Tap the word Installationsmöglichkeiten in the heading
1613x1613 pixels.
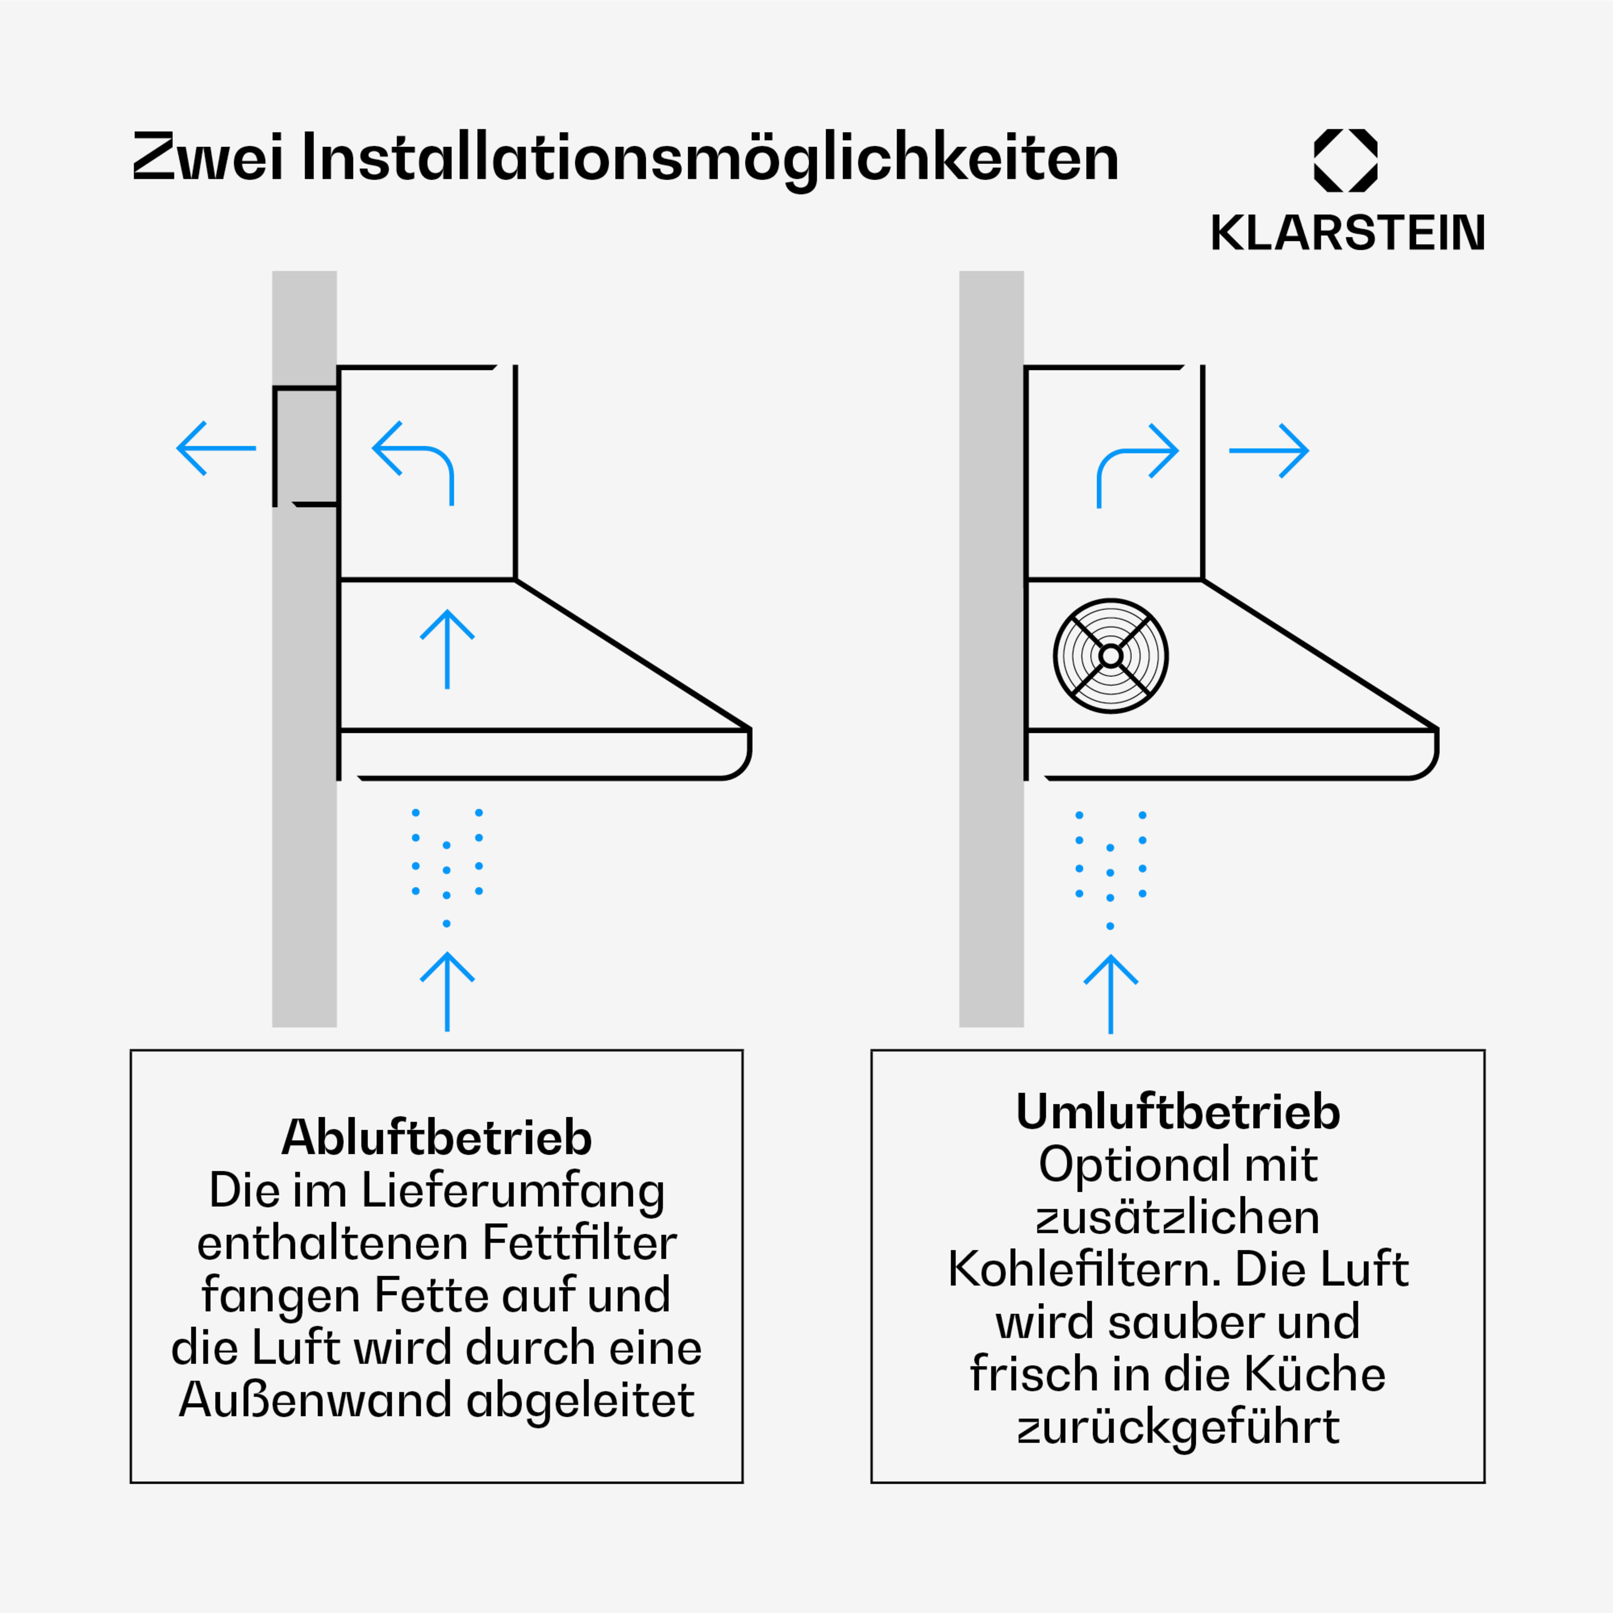710,159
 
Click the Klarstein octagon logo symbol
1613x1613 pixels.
1346,160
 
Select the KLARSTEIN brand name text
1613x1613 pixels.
1347,233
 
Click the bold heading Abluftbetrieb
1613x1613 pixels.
437,1137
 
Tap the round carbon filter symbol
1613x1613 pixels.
1110,656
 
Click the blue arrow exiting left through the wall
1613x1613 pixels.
216,448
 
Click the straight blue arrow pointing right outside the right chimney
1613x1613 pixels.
1269,451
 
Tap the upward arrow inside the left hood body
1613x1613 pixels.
447,650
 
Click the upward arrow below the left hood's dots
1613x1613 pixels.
447,992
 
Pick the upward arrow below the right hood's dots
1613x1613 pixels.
1110,994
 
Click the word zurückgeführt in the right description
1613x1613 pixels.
1178,1427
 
